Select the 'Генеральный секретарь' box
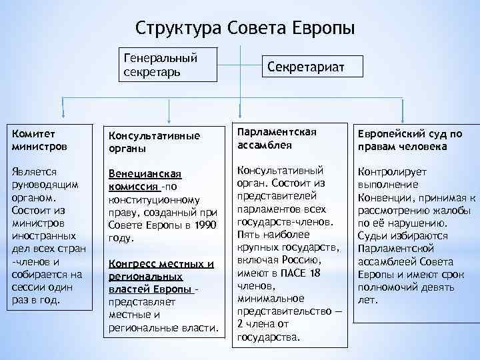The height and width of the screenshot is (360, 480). (x=168, y=64)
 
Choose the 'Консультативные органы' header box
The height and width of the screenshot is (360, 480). (x=163, y=141)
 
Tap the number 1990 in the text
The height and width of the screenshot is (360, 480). (x=204, y=225)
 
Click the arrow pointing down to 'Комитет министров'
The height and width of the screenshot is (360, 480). (x=63, y=107)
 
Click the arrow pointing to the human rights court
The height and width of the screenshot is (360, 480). (x=403, y=111)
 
